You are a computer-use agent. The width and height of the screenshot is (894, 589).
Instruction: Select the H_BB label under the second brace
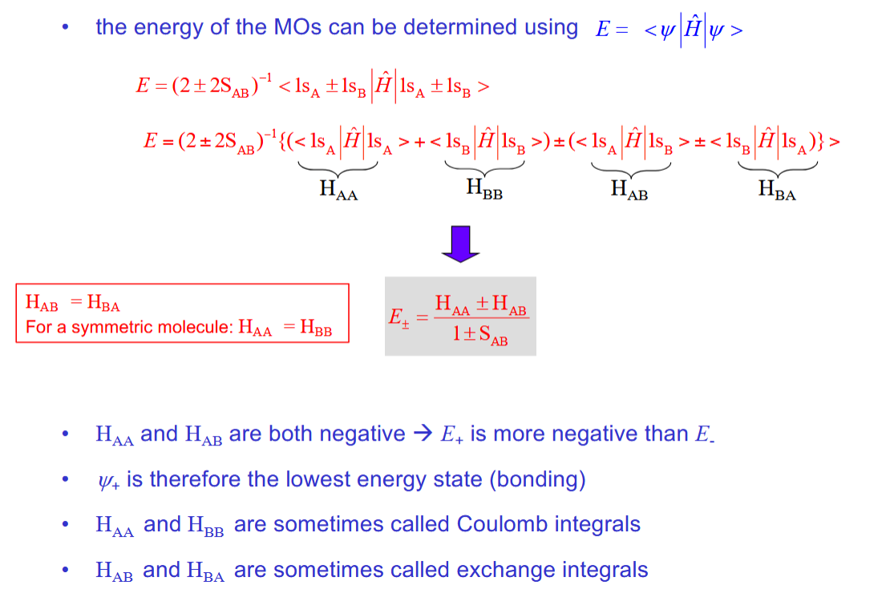(x=484, y=189)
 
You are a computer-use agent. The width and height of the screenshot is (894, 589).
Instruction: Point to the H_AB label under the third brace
(x=629, y=191)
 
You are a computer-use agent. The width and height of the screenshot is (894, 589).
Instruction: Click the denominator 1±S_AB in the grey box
(x=479, y=335)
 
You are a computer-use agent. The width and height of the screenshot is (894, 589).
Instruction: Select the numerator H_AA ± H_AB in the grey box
(x=479, y=304)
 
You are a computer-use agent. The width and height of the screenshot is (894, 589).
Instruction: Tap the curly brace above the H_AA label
(x=338, y=167)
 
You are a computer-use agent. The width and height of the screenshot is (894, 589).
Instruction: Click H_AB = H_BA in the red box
(x=73, y=303)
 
